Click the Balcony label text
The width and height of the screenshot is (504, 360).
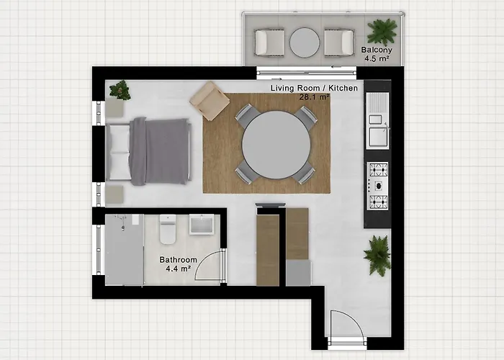coord(377,50)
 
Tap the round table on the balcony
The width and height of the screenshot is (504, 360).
coord(305,42)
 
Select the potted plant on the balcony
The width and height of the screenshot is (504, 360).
coord(382,31)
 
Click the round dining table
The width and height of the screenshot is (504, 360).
coord(276,145)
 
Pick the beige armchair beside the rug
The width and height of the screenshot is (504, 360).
coord(210,101)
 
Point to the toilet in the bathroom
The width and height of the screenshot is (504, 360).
coord(168,229)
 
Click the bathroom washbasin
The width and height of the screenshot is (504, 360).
coord(202,225)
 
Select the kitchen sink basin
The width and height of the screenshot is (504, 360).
coord(378,137)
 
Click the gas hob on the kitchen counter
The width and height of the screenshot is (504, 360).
coord(378,186)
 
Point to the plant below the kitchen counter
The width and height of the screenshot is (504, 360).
coord(378,256)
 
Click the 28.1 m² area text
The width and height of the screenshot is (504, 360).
coord(315,96)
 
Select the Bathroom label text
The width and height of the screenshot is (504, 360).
coord(178,260)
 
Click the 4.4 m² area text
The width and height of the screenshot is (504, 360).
coord(178,269)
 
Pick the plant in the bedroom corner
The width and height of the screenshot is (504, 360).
coord(120,90)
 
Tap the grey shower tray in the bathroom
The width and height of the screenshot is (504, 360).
coord(125,250)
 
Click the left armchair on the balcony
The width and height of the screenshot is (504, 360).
coord(269,42)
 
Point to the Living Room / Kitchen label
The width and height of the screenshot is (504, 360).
coord(314,88)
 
